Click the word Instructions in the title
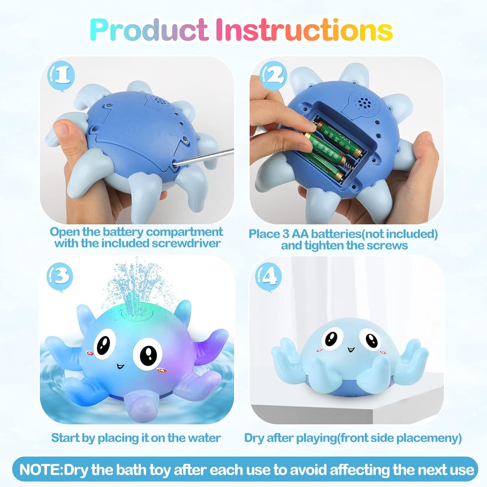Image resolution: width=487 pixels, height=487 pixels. (304, 30)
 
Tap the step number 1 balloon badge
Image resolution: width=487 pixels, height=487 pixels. (61, 76)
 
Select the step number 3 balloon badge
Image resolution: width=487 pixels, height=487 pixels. (60, 276)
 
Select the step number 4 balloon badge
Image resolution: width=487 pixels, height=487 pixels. (268, 276)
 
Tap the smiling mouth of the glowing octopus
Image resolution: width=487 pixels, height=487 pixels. (120, 366)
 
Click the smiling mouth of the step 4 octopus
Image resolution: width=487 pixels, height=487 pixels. (351, 350)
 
